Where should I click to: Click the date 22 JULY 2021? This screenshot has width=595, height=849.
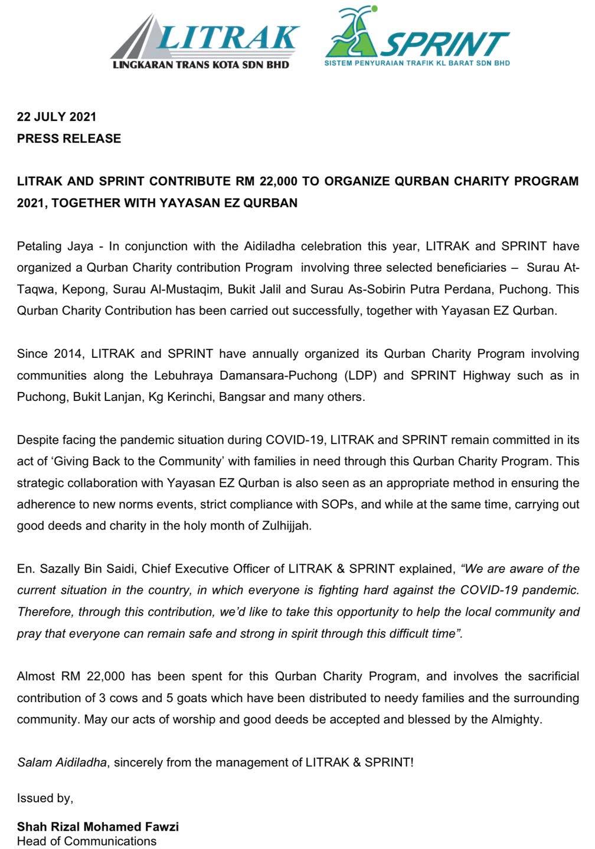point(57,117)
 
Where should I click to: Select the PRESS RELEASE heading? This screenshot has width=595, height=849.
point(69,139)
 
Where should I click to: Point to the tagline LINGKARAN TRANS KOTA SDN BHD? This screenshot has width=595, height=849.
point(201,64)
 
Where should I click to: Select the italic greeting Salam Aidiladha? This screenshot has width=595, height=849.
point(62,762)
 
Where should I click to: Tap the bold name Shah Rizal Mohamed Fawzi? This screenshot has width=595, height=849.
point(98,827)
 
